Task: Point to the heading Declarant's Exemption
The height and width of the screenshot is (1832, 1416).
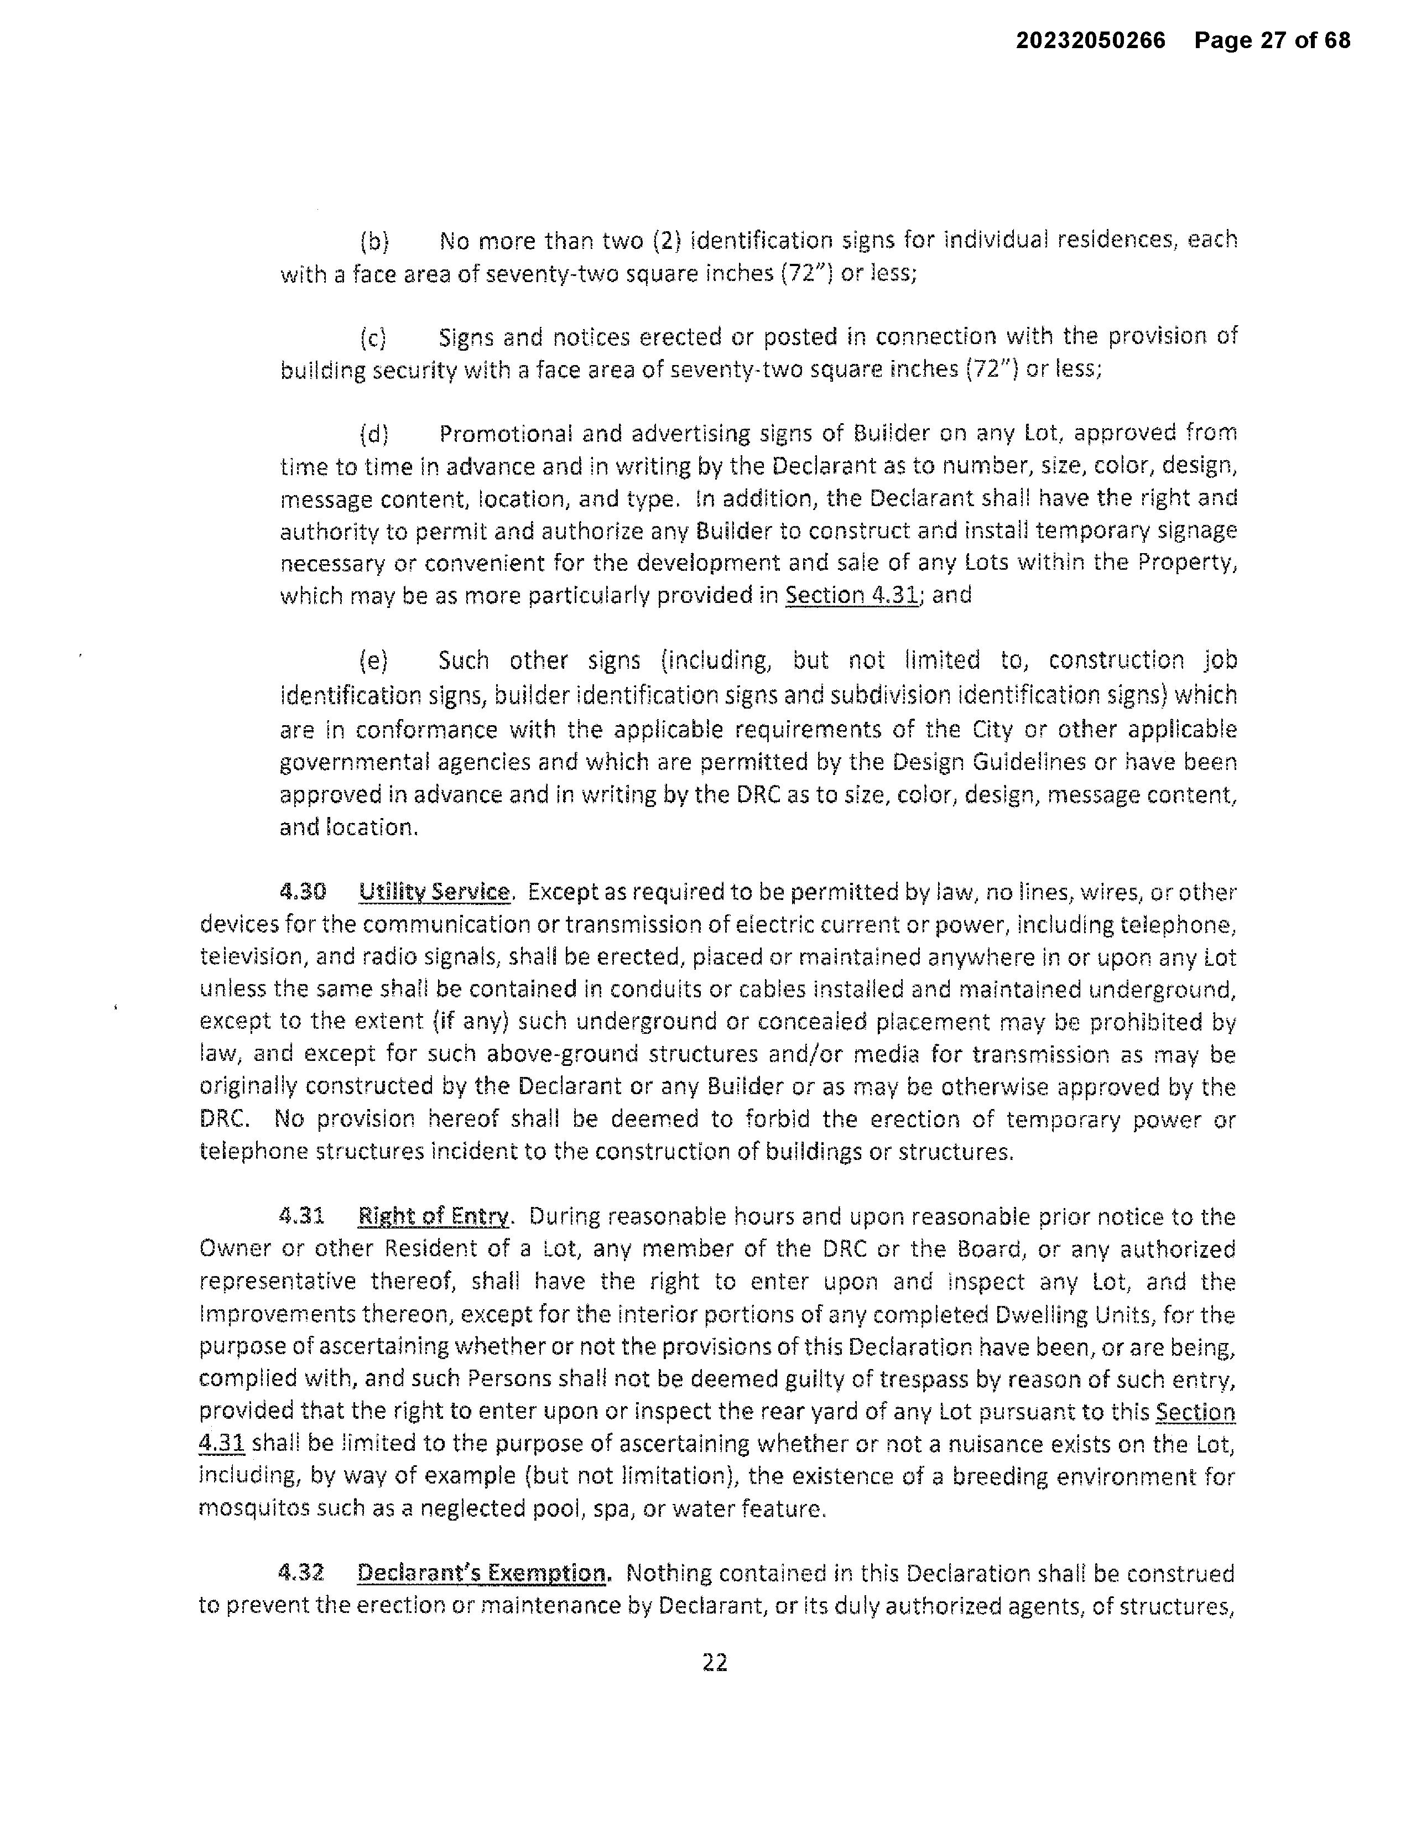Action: (x=482, y=1572)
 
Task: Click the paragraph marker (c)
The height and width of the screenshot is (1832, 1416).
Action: (x=373, y=338)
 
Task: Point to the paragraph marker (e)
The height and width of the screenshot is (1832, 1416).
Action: (x=374, y=661)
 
